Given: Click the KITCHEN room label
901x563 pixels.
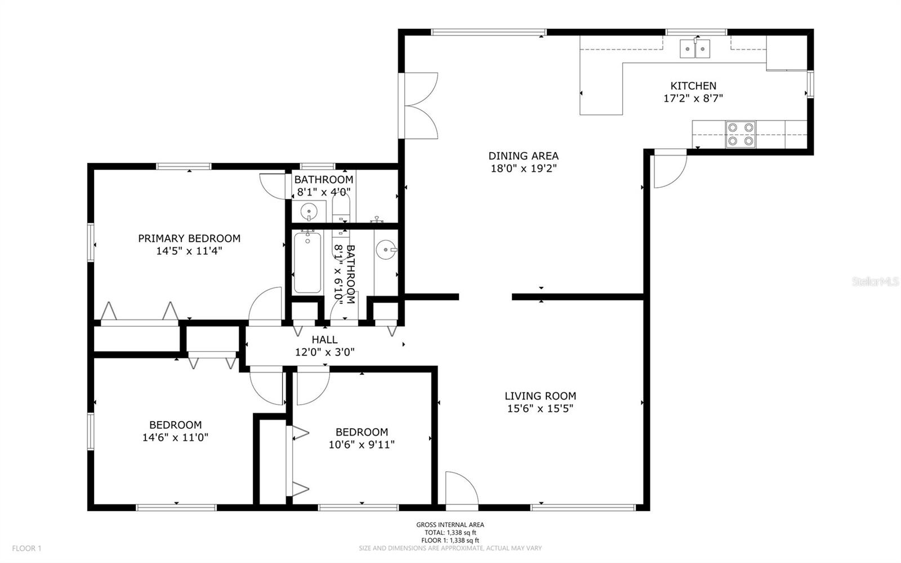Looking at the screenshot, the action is [693, 86].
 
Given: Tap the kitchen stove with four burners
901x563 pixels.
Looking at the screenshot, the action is [741, 135].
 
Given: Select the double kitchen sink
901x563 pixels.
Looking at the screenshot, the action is [695, 48].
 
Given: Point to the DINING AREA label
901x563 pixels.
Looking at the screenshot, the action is [523, 156].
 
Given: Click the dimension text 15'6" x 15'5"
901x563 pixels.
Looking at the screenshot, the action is [540, 409].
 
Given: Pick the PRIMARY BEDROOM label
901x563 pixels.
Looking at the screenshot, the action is [189, 238].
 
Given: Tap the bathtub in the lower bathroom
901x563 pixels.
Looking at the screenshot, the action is [307, 263].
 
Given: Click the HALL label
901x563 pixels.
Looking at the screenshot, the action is [324, 340].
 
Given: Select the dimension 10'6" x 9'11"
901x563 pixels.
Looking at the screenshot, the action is [362, 445].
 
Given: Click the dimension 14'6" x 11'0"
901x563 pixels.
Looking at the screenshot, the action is [175, 437].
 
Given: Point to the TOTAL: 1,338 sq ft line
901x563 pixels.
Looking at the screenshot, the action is [450, 533].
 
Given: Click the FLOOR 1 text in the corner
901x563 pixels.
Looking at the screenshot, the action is [26, 548].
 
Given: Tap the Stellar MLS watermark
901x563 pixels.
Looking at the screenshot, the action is [875, 281].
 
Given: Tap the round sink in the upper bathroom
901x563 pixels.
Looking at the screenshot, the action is [309, 211].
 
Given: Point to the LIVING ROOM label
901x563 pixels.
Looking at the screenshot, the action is [540, 396].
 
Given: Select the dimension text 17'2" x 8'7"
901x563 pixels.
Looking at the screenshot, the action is [693, 98].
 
